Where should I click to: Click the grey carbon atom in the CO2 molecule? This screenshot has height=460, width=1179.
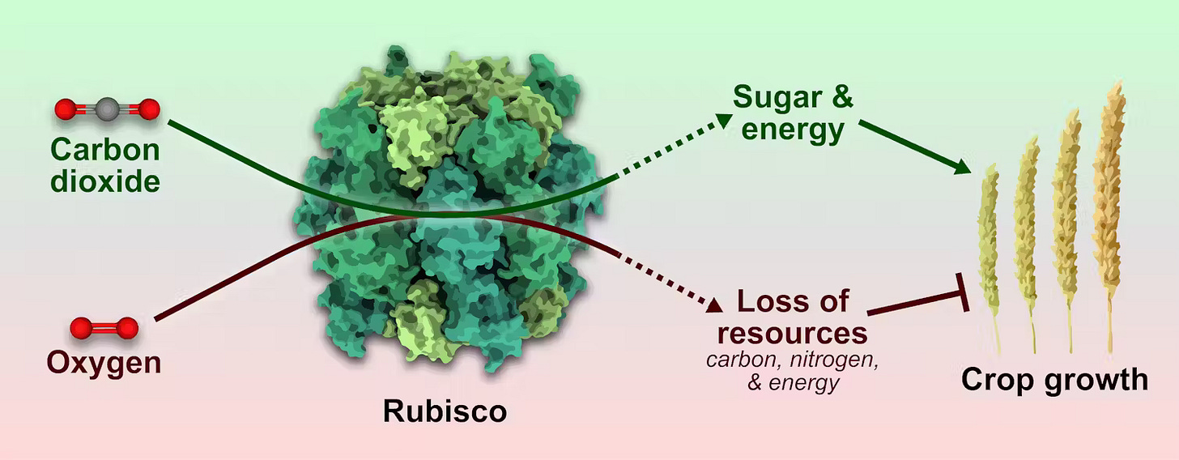107,109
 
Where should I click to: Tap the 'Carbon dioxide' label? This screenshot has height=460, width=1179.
105,165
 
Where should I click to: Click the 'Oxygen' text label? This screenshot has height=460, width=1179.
103,362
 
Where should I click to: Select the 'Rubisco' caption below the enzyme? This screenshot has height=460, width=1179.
445,411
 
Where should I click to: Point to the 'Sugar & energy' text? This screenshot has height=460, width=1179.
793,113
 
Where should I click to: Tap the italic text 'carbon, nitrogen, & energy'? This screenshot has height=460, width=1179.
793,370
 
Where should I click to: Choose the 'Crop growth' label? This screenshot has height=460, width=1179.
1054,379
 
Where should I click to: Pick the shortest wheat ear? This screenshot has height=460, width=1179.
990,243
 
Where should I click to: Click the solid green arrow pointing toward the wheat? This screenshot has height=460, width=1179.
915,147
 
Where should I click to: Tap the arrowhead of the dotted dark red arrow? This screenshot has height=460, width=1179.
713,305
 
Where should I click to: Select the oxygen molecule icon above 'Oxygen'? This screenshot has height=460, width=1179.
104,328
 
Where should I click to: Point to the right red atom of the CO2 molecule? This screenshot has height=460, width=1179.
148,109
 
